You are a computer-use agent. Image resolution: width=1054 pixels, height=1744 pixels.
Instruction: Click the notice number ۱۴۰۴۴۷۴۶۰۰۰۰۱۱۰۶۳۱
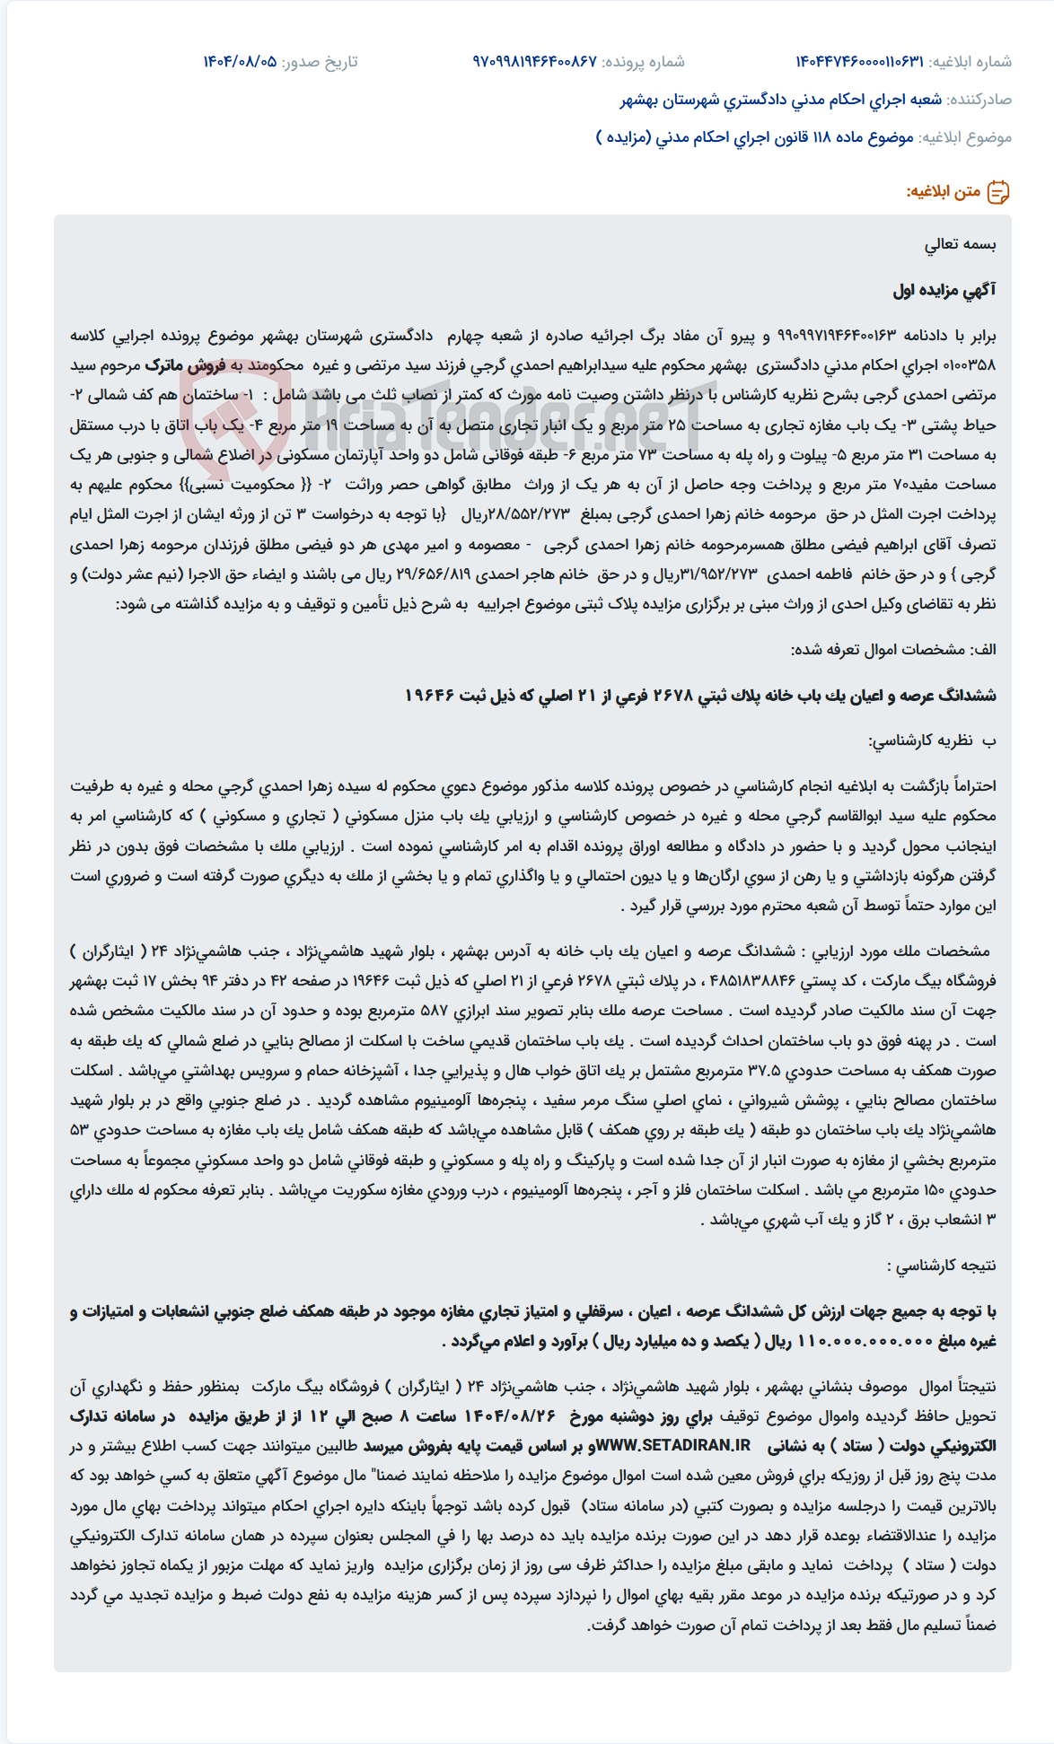[859, 62]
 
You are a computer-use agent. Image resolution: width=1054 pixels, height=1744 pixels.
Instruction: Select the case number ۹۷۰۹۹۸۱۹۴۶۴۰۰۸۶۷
[535, 62]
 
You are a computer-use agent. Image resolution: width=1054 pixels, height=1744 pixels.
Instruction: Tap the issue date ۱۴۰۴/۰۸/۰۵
[240, 62]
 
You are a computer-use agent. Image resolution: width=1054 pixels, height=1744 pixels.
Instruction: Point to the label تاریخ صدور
[320, 62]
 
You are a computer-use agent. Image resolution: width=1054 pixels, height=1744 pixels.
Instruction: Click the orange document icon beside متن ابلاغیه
[998, 192]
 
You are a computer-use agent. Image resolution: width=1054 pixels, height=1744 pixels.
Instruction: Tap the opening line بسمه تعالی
[961, 245]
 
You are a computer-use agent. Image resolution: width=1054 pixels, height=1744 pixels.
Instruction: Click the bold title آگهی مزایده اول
[944, 290]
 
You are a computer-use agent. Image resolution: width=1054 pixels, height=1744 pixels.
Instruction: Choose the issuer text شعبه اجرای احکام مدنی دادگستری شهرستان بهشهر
[780, 100]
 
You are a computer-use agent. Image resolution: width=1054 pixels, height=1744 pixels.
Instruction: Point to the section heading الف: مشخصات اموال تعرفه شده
[893, 650]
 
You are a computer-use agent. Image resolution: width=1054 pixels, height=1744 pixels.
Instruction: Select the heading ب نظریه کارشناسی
[932, 741]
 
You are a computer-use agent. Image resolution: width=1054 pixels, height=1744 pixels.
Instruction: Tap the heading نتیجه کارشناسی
[941, 1266]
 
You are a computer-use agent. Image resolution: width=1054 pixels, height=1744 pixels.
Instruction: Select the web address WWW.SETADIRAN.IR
[674, 1446]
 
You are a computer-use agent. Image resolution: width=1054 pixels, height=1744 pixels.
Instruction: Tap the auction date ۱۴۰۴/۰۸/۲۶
[511, 1416]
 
